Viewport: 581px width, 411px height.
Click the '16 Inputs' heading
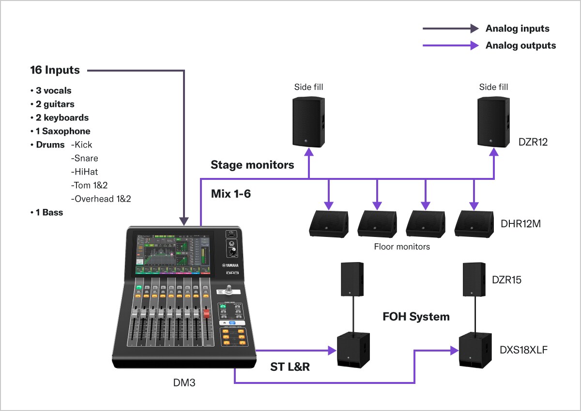click(x=55, y=70)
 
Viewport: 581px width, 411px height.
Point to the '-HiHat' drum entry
click(x=84, y=172)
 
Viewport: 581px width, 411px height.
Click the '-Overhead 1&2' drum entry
click(x=101, y=199)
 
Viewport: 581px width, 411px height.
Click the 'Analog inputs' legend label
click(x=517, y=29)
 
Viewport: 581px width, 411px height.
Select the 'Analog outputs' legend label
click(x=520, y=46)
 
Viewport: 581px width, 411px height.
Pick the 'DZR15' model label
click(x=506, y=279)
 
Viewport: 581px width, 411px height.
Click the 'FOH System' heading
click(x=416, y=317)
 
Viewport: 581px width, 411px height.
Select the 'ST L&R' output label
click(x=290, y=367)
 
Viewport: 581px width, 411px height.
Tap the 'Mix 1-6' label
click(x=230, y=194)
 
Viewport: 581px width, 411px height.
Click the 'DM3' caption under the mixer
click(x=184, y=383)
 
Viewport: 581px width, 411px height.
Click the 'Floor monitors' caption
click(x=402, y=247)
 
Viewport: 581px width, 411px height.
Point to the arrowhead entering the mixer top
click(x=184, y=221)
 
